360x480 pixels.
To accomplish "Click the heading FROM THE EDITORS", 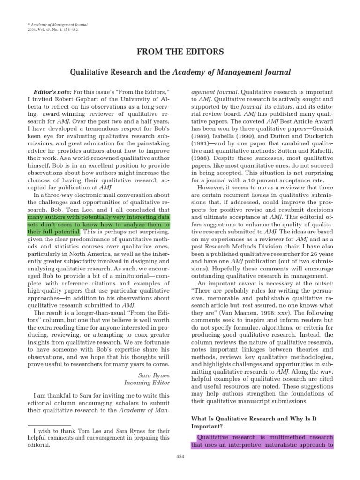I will click(x=180, y=52).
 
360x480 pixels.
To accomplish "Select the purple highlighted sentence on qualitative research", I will click(x=262, y=441).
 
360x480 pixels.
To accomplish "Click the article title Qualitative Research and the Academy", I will click(x=180, y=72).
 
